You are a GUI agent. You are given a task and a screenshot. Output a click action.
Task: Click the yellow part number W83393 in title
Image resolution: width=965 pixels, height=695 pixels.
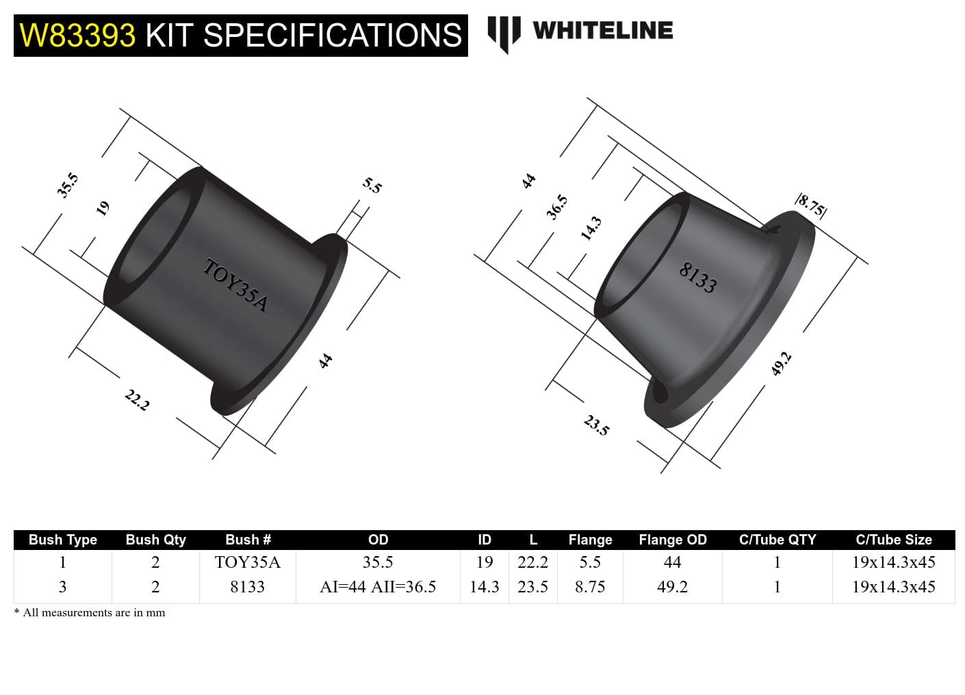click(x=77, y=35)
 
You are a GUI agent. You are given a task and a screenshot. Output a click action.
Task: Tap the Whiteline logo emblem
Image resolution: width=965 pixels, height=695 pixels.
click(x=503, y=33)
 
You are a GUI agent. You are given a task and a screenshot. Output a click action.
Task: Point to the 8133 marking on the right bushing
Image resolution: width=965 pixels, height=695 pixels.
click(x=697, y=277)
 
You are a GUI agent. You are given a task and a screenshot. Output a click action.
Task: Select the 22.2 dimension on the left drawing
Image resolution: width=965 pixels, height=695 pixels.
click(x=137, y=399)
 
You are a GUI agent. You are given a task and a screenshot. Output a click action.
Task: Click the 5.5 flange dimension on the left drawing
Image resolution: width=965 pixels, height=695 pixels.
click(x=372, y=185)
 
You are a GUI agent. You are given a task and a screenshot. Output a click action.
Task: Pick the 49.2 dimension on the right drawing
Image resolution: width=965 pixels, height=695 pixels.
click(x=781, y=363)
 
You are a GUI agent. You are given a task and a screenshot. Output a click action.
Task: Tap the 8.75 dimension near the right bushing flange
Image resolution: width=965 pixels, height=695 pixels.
click(x=811, y=205)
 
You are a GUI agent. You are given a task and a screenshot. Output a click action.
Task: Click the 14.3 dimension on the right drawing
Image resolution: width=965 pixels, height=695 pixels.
click(x=591, y=228)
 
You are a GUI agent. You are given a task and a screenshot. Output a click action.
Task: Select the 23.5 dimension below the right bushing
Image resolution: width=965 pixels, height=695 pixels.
click(x=596, y=425)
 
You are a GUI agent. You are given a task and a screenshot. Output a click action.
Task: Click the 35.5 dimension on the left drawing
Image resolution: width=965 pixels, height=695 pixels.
click(x=68, y=185)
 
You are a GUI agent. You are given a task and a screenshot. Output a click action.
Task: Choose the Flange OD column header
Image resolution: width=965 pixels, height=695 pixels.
click(x=672, y=540)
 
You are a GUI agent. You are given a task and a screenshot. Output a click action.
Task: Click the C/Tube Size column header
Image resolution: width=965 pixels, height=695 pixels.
click(x=893, y=540)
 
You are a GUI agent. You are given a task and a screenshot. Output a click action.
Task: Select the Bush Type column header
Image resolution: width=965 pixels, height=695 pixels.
click(x=63, y=540)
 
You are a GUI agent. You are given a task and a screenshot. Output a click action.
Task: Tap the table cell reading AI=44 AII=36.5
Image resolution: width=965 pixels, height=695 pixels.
click(x=378, y=587)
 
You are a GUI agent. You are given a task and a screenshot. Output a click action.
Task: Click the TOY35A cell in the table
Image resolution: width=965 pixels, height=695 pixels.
click(x=247, y=562)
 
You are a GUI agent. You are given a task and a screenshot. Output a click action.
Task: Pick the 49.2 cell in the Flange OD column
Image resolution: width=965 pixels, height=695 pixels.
click(x=672, y=587)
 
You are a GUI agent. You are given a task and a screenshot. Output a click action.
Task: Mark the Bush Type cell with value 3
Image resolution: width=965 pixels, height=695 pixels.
click(x=63, y=587)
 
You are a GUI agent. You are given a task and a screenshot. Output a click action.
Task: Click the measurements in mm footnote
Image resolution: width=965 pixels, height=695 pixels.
click(x=90, y=613)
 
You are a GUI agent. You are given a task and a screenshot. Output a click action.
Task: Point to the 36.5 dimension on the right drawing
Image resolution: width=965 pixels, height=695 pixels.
click(x=557, y=207)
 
